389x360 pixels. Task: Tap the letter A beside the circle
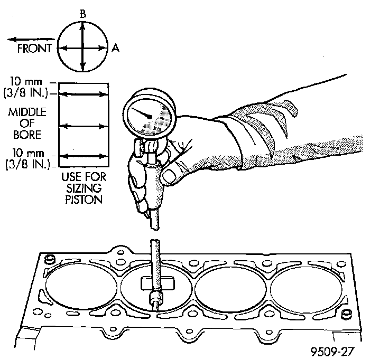coord(115,48)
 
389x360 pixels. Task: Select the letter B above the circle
coord(82,14)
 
